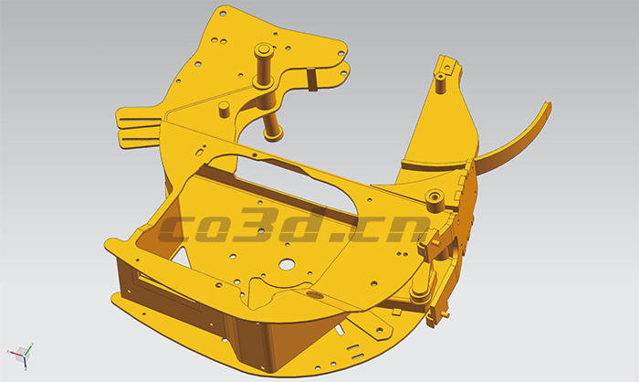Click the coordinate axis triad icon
[21, 354]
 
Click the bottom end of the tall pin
[274, 133]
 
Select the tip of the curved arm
[548, 108]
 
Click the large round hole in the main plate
[287, 265]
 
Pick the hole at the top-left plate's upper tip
[221, 14]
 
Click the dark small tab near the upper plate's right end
[311, 80]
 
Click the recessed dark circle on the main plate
[315, 296]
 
